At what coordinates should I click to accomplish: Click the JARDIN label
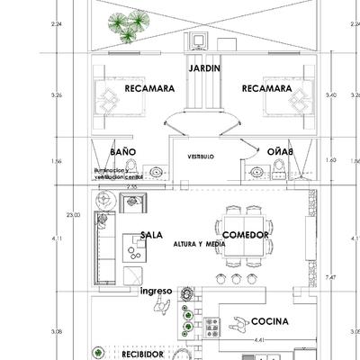click(x=206, y=68)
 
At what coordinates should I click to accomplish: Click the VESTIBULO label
click(x=201, y=157)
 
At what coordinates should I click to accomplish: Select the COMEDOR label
click(x=247, y=234)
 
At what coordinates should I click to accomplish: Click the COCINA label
click(x=270, y=321)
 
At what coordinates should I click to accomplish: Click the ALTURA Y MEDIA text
click(x=198, y=244)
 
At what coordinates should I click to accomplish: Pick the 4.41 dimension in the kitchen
click(x=259, y=340)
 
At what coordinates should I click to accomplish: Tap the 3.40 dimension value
click(x=332, y=94)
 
